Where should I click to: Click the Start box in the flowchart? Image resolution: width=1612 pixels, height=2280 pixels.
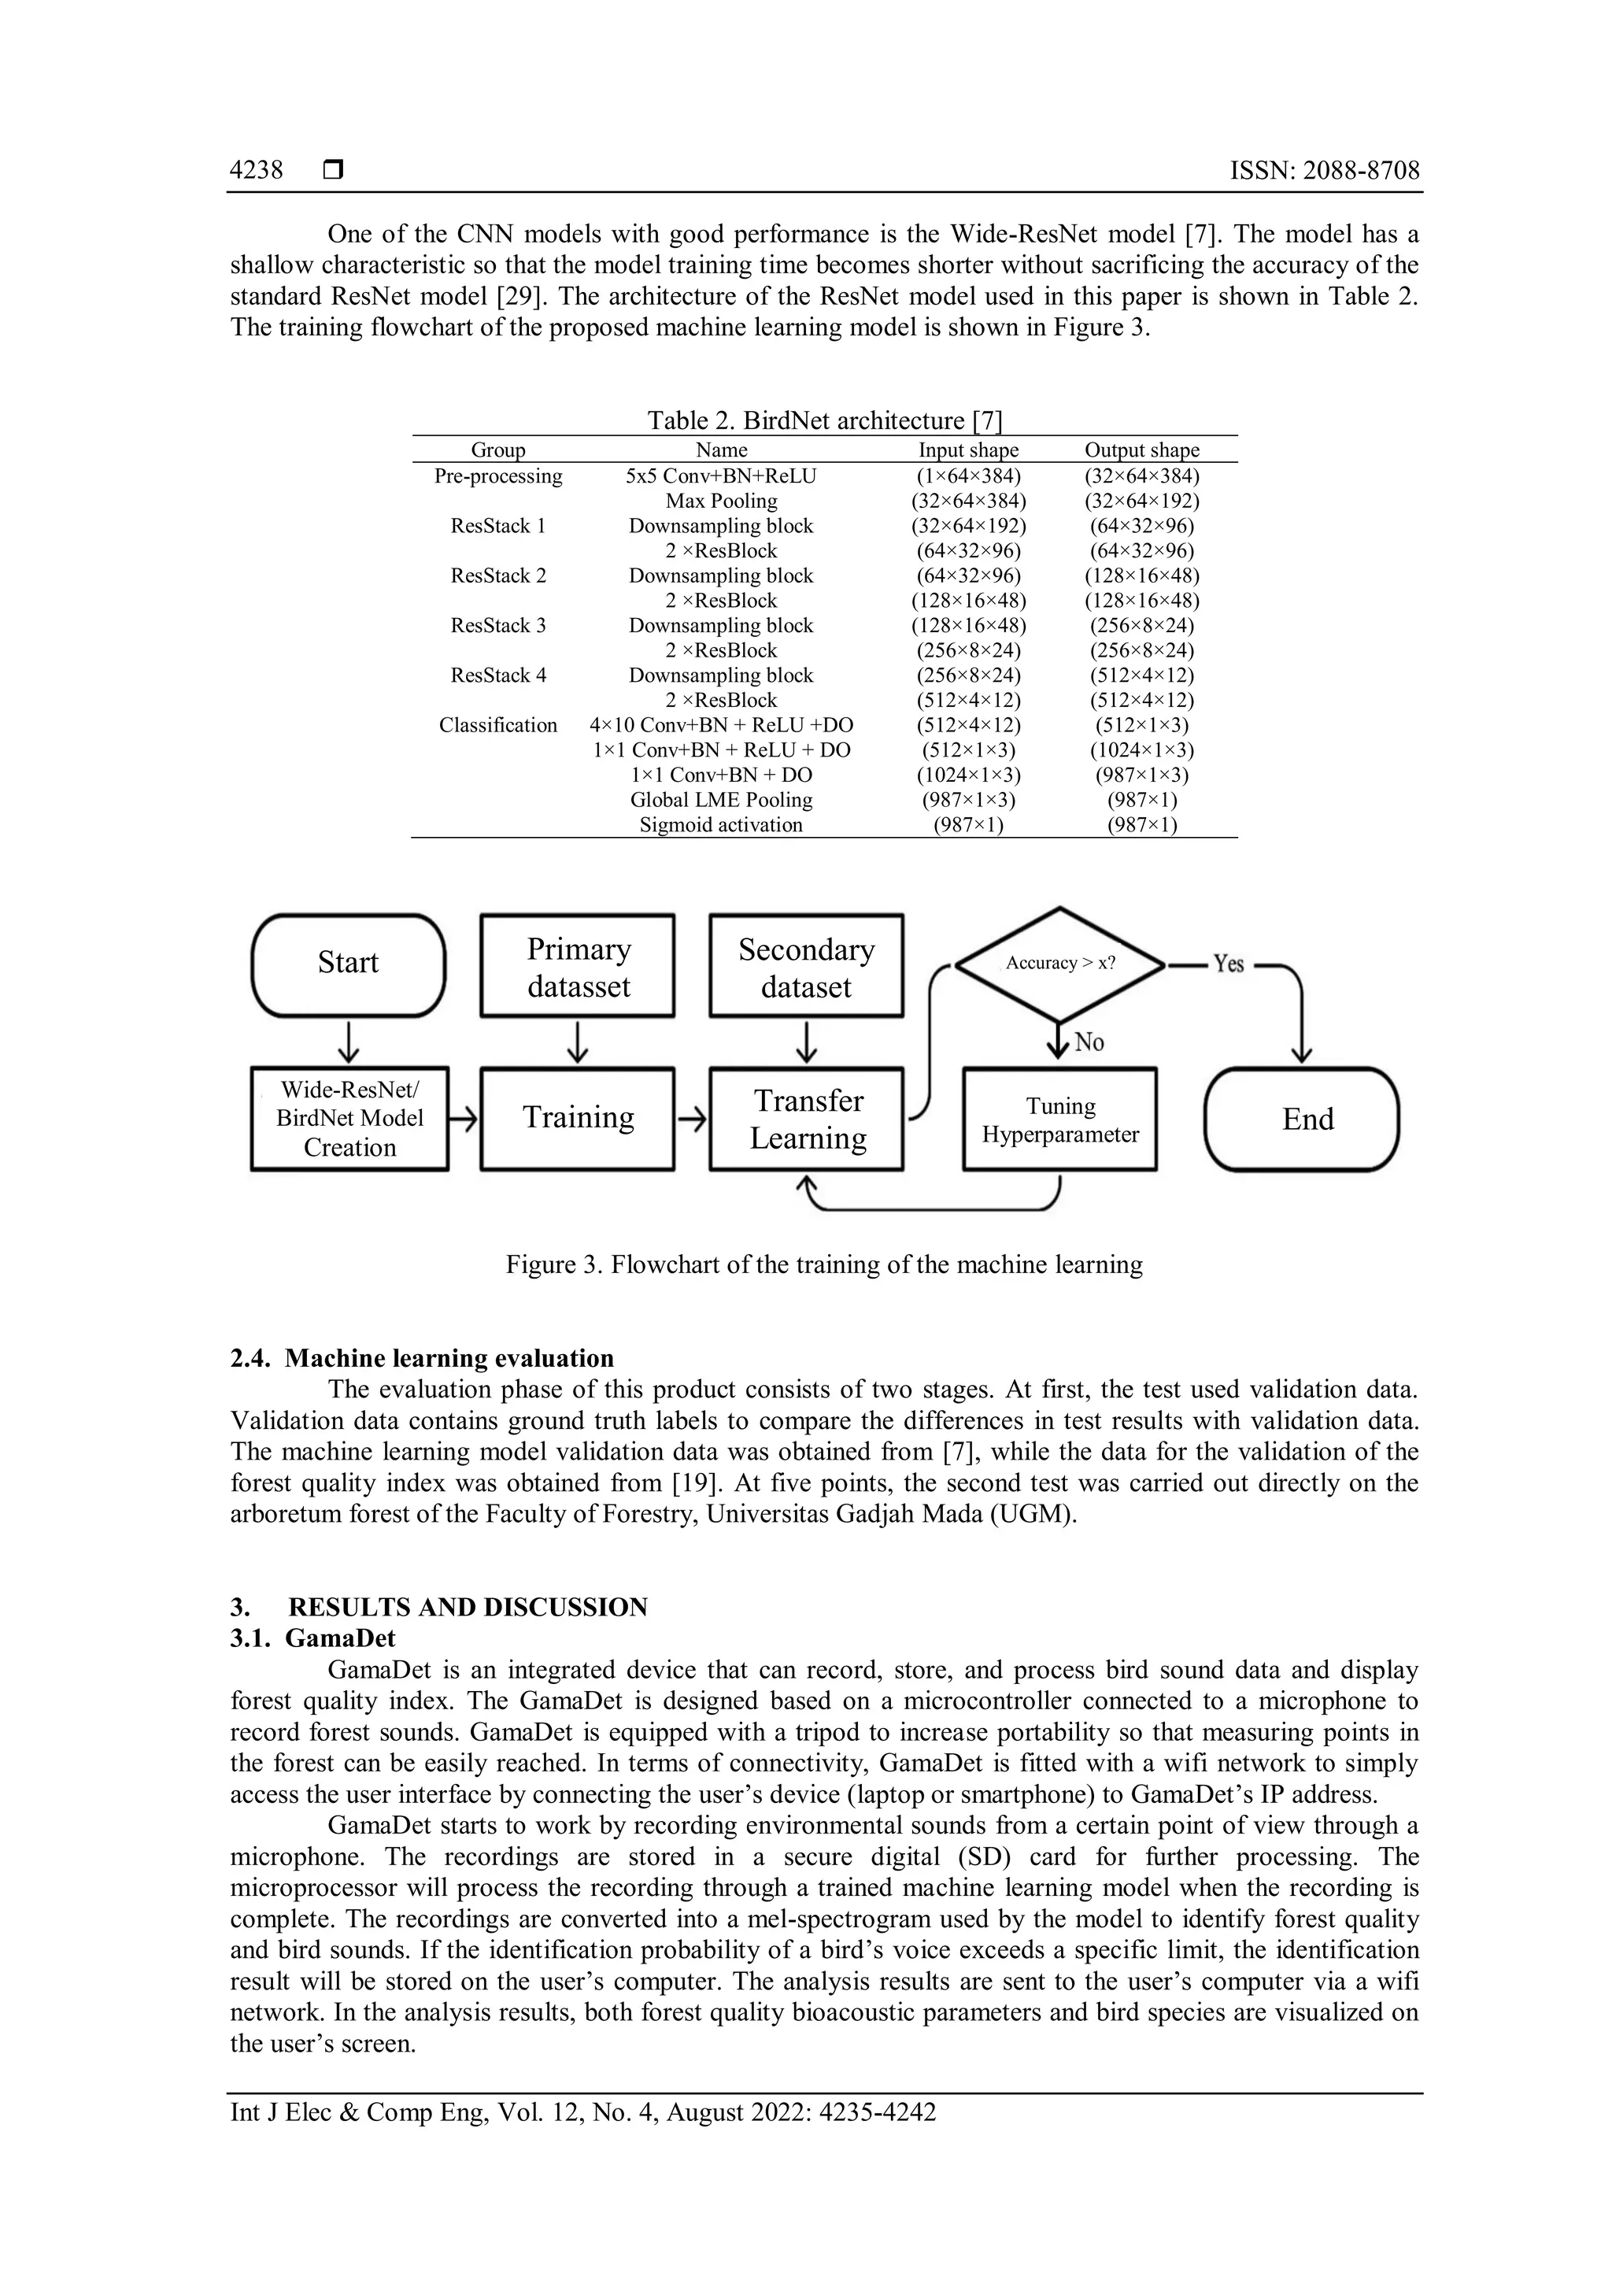(x=349, y=963)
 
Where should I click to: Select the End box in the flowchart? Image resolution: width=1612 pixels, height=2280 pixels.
(x=1301, y=1120)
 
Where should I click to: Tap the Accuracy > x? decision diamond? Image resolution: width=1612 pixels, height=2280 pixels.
(x=1060, y=963)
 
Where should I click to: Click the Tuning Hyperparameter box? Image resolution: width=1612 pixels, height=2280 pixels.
(x=1060, y=1120)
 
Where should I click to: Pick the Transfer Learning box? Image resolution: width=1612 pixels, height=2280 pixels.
(x=807, y=1120)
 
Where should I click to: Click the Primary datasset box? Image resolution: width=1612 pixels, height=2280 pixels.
(x=578, y=966)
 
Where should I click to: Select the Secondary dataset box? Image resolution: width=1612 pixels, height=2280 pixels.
(x=806, y=966)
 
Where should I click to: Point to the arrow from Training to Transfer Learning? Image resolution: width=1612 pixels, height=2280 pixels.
(x=692, y=1120)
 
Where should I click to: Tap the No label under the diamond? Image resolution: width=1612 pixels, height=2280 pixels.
(x=1089, y=1042)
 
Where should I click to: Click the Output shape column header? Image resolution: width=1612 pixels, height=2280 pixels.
(x=1141, y=450)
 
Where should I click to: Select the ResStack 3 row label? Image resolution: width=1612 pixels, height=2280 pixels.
(x=498, y=626)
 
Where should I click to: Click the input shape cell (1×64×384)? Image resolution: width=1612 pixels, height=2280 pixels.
(x=968, y=476)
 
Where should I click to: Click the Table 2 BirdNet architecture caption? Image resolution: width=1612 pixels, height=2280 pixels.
(x=825, y=420)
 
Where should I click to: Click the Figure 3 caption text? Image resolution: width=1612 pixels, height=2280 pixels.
(x=824, y=1264)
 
